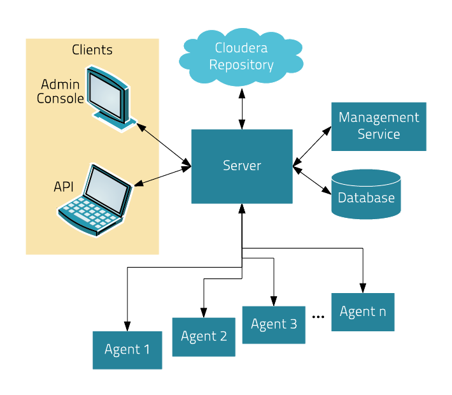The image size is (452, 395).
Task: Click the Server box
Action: [242, 166]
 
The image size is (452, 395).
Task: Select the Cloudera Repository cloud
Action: [241, 57]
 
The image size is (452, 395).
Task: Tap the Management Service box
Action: [379, 126]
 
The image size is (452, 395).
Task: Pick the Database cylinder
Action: [366, 194]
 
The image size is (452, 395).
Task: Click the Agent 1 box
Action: [127, 350]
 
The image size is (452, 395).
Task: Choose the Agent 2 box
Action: [204, 337]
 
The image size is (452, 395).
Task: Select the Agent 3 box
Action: [274, 325]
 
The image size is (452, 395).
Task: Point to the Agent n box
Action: [363, 312]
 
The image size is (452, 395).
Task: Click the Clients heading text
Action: [92, 50]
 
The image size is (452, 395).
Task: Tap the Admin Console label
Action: [60, 92]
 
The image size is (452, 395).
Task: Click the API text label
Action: [64, 187]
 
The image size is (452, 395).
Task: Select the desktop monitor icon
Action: [111, 99]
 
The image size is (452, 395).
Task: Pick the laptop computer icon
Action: [95, 201]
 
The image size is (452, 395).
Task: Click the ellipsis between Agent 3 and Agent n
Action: [318, 317]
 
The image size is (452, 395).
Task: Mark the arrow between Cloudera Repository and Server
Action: [242, 109]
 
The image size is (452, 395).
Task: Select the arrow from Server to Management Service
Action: [312, 147]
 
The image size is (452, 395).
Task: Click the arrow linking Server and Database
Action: [312, 180]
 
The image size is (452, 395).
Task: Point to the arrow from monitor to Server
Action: [164, 145]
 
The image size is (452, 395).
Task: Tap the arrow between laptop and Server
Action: [163, 176]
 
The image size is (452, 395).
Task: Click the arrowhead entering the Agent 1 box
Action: [127, 326]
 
